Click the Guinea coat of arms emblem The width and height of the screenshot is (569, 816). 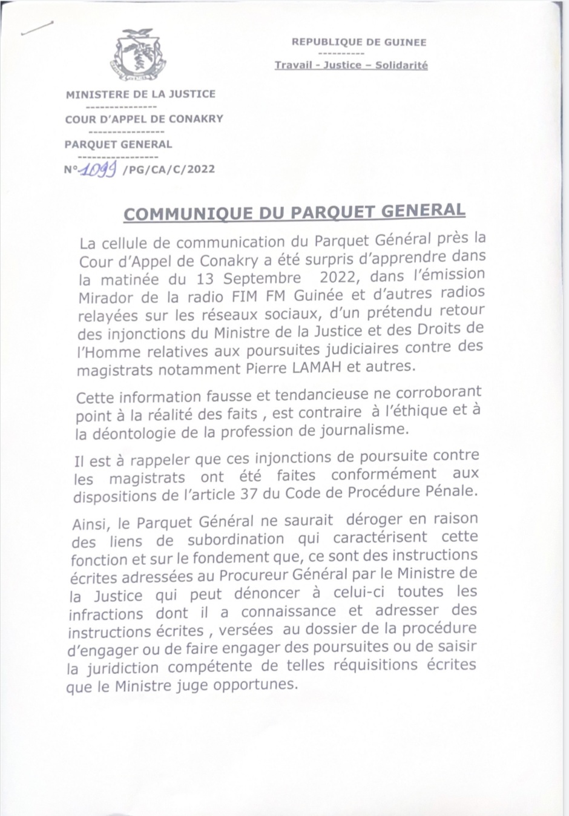coord(139,55)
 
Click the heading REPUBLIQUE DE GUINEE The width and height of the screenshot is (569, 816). coord(359,42)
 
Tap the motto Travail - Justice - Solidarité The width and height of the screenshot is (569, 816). coord(351,65)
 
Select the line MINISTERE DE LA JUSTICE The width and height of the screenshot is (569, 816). coord(140,94)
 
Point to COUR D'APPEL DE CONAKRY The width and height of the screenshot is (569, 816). coord(144,119)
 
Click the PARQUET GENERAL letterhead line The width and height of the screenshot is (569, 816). coord(118,145)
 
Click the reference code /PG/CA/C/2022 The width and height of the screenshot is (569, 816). coord(168,169)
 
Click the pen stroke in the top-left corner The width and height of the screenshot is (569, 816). coord(36,28)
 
